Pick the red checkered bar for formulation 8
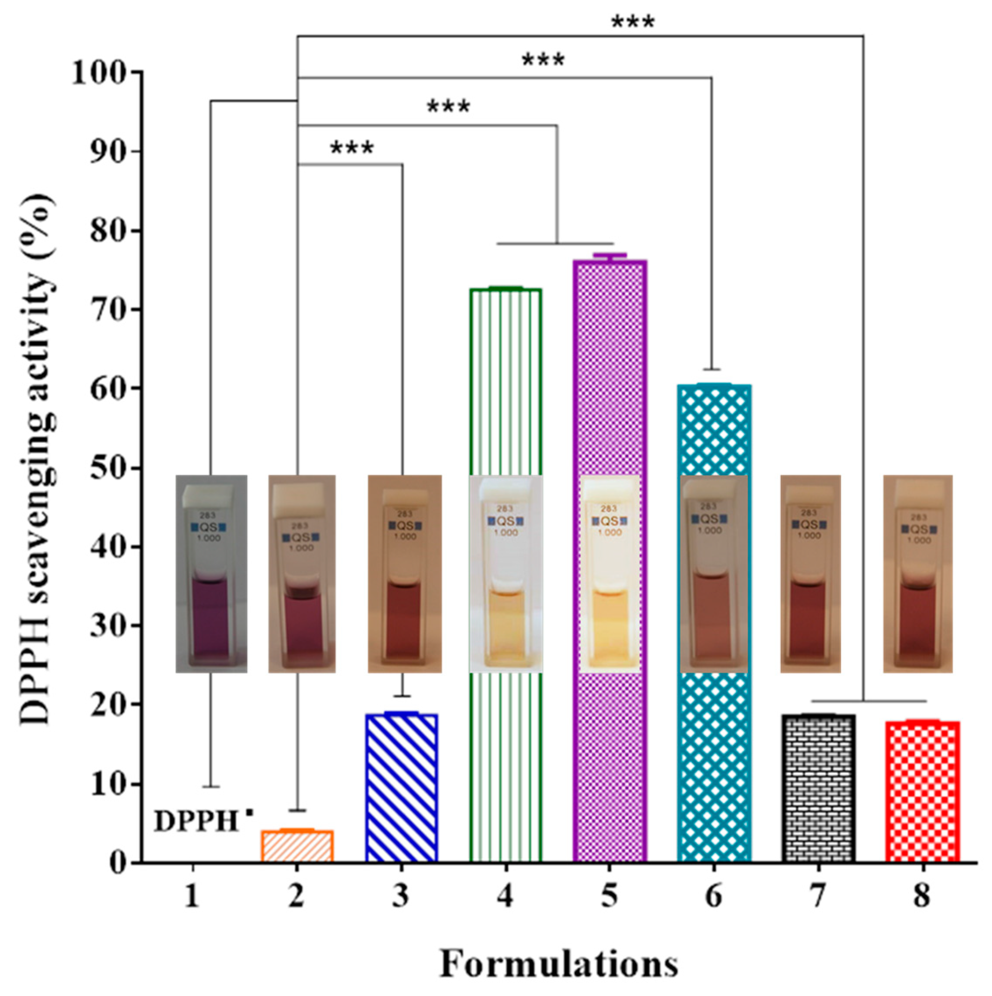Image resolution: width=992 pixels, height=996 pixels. point(922,791)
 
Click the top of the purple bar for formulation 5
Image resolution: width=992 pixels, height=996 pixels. point(610,262)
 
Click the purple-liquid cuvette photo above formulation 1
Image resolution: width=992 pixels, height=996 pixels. point(211,574)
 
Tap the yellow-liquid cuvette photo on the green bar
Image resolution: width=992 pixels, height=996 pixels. point(506,574)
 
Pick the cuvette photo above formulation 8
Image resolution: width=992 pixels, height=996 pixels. point(918,574)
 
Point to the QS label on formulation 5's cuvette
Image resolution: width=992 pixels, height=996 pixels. point(610,521)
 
